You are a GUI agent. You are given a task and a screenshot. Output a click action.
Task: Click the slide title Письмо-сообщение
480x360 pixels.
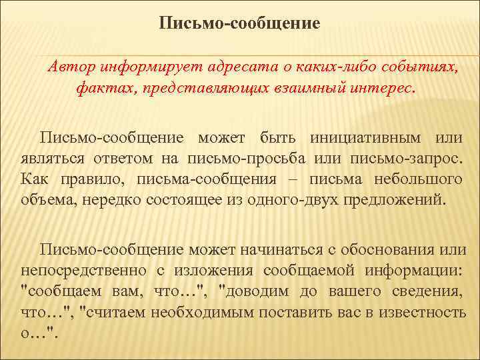(x=240, y=25)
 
